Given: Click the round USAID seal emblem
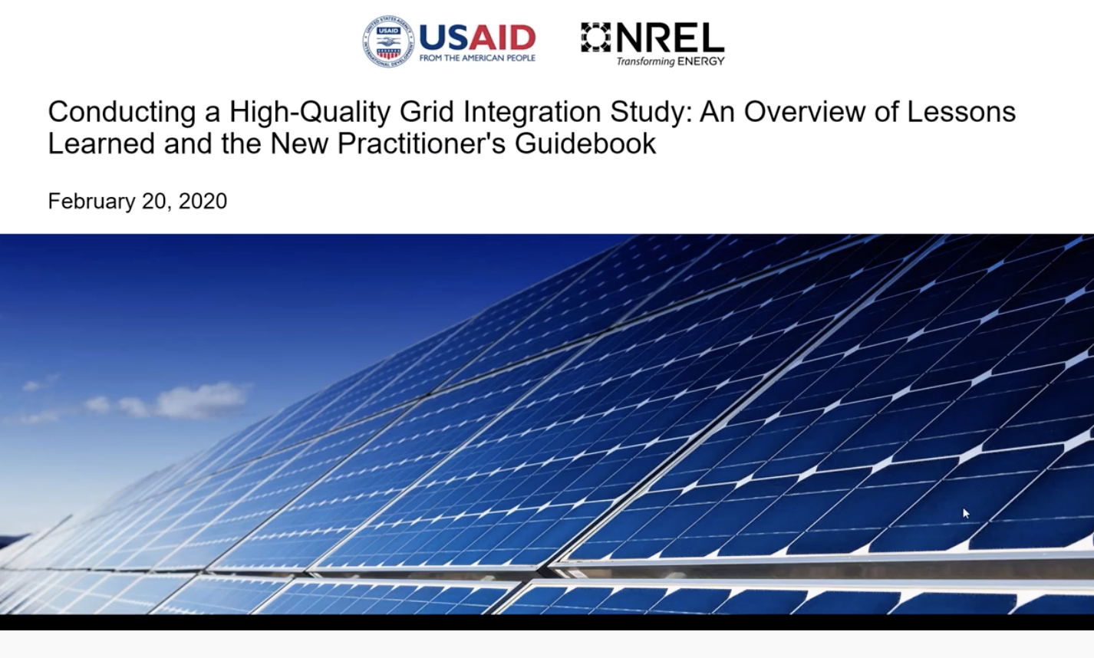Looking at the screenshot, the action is click(388, 41).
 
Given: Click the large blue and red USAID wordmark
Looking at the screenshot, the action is click(477, 38).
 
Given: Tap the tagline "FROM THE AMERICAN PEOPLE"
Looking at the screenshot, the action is click(477, 58).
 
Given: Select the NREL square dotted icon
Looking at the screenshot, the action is click(596, 37).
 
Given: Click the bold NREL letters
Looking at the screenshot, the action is click(670, 38).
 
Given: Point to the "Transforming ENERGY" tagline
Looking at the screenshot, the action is click(670, 61).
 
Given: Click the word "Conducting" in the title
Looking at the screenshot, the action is click(122, 112).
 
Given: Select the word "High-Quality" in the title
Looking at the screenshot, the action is click(310, 112).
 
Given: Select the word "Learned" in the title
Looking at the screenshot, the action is click(101, 143).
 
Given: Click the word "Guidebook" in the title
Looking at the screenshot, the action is click(585, 143).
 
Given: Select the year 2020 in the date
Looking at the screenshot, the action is click(203, 201).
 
